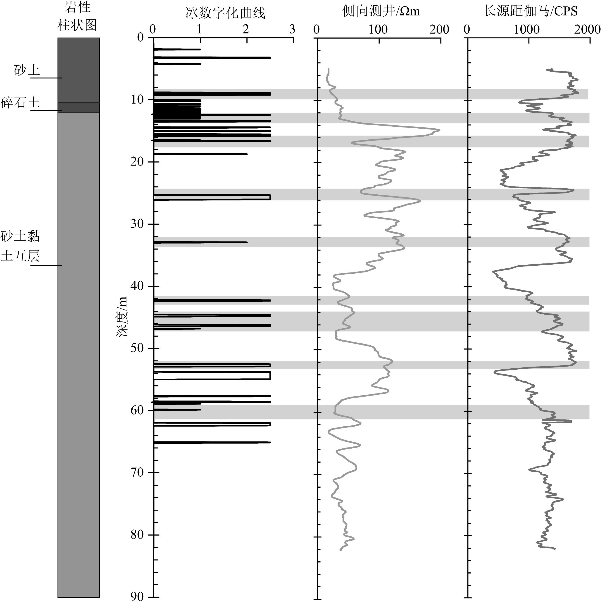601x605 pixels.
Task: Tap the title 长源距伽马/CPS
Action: (530, 12)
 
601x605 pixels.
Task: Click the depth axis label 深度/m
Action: (122, 317)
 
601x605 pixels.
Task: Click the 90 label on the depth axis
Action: (137, 597)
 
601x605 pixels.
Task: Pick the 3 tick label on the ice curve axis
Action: (292, 29)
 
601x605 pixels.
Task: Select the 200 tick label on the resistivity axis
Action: (439, 29)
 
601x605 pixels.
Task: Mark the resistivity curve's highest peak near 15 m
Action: (439, 130)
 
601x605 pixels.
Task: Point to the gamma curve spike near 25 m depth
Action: (573, 190)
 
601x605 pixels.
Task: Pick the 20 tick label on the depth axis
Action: (137, 162)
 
